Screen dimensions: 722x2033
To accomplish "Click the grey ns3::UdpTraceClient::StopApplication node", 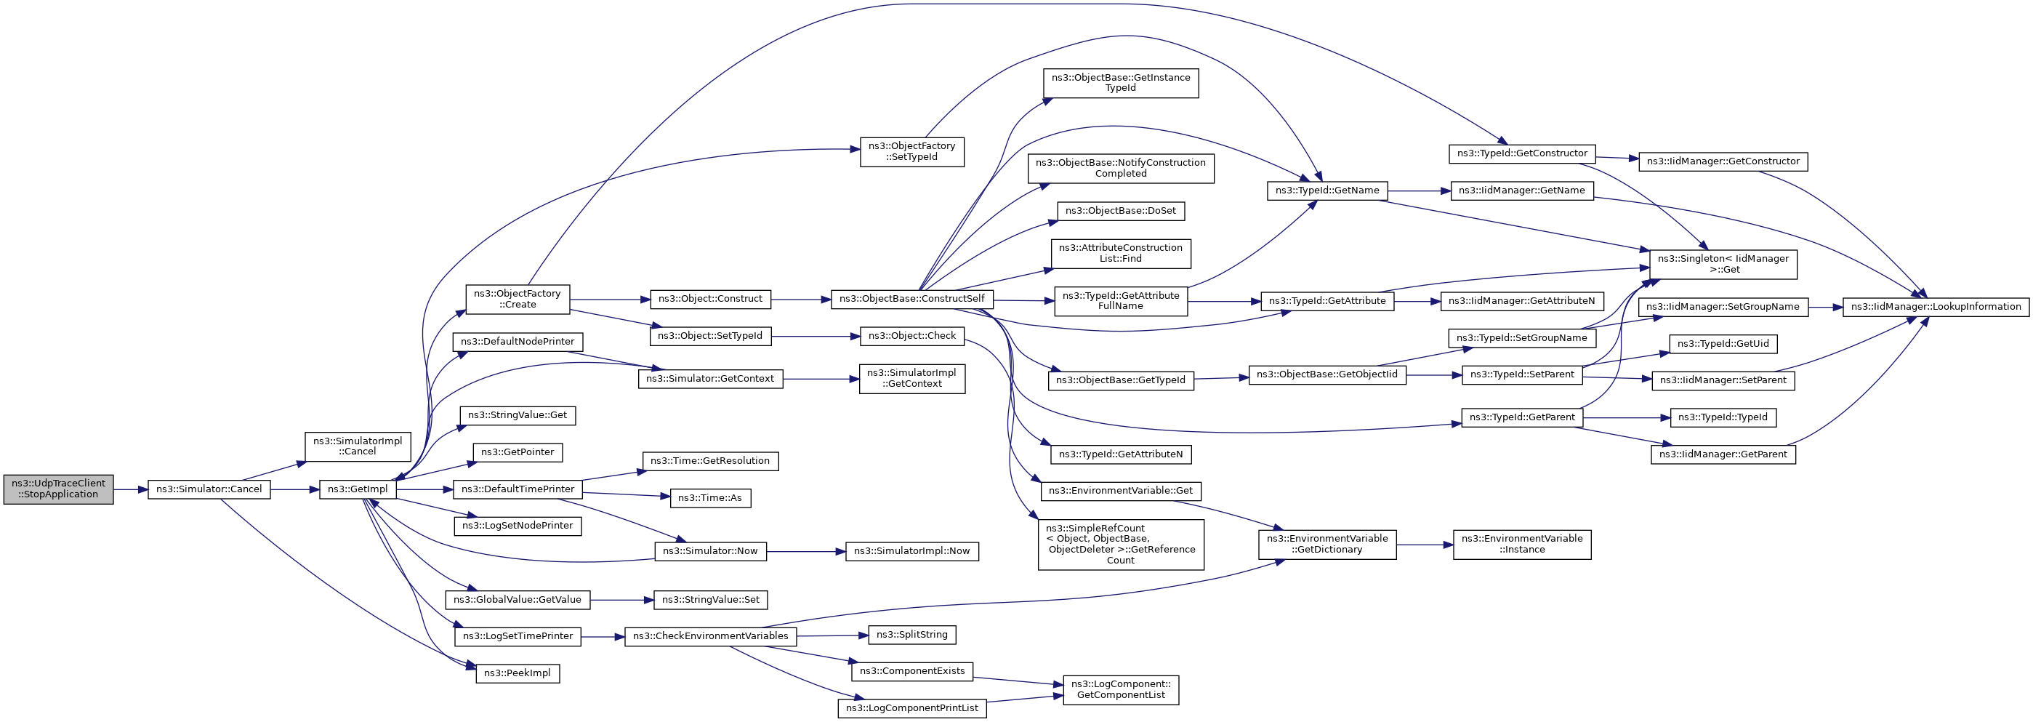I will (x=58, y=489).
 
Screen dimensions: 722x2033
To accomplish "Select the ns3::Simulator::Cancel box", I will (x=209, y=489).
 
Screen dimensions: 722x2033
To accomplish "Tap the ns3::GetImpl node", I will (x=358, y=489).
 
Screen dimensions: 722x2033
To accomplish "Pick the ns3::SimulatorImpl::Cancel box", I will (x=358, y=446).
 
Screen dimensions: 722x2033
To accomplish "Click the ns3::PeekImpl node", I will (x=518, y=673).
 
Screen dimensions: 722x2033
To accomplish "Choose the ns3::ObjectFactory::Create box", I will (x=518, y=299).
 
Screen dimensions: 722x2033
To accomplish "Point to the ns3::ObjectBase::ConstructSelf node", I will (x=911, y=299).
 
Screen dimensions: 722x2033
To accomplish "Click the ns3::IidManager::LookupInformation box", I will (x=1935, y=307).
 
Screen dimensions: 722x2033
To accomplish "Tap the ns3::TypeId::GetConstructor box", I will (x=1521, y=154).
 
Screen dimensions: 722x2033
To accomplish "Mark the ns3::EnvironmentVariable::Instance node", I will (x=1521, y=545).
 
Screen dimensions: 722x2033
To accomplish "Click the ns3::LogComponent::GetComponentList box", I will (x=1121, y=690).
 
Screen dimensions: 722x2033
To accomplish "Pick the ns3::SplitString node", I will (x=911, y=635).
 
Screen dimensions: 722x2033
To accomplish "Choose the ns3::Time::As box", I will (x=710, y=498).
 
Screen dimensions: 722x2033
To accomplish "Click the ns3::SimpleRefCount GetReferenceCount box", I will (x=1121, y=545).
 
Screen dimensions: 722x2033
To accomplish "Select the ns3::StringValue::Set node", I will (x=710, y=600).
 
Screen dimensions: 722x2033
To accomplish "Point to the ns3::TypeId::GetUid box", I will (x=1723, y=344).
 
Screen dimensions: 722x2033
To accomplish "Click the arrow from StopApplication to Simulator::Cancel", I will (x=130, y=490).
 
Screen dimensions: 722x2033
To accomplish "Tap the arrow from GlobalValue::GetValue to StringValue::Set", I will (x=622, y=601).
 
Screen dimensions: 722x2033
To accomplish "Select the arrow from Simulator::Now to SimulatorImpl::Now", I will (x=805, y=552).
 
